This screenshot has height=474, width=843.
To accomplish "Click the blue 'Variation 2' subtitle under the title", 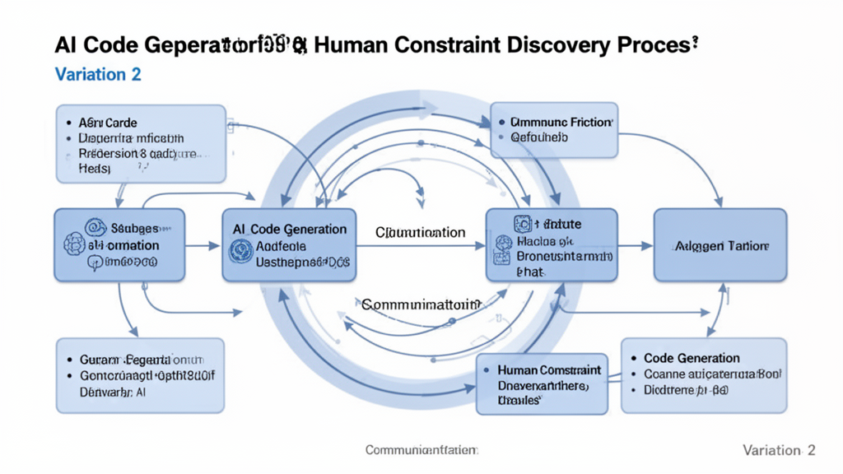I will tap(98, 74).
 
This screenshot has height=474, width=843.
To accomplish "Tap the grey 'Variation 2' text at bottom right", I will tap(778, 450).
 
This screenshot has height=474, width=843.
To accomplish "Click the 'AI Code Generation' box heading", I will tap(290, 230).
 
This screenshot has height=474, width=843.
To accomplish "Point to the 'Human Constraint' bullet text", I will tap(549, 370).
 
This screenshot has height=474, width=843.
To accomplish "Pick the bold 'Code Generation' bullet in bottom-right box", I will tap(692, 358).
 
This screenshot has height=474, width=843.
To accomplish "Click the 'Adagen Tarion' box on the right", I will tap(720, 245).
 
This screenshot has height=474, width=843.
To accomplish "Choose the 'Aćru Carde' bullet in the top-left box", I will tap(107, 123).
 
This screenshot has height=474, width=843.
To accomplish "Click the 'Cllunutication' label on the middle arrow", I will tap(420, 233).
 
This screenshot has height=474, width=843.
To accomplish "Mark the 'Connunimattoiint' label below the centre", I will tap(420, 304).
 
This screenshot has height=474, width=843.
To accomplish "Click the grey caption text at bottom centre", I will tap(421, 450).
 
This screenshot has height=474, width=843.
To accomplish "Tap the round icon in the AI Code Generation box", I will tap(240, 249).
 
